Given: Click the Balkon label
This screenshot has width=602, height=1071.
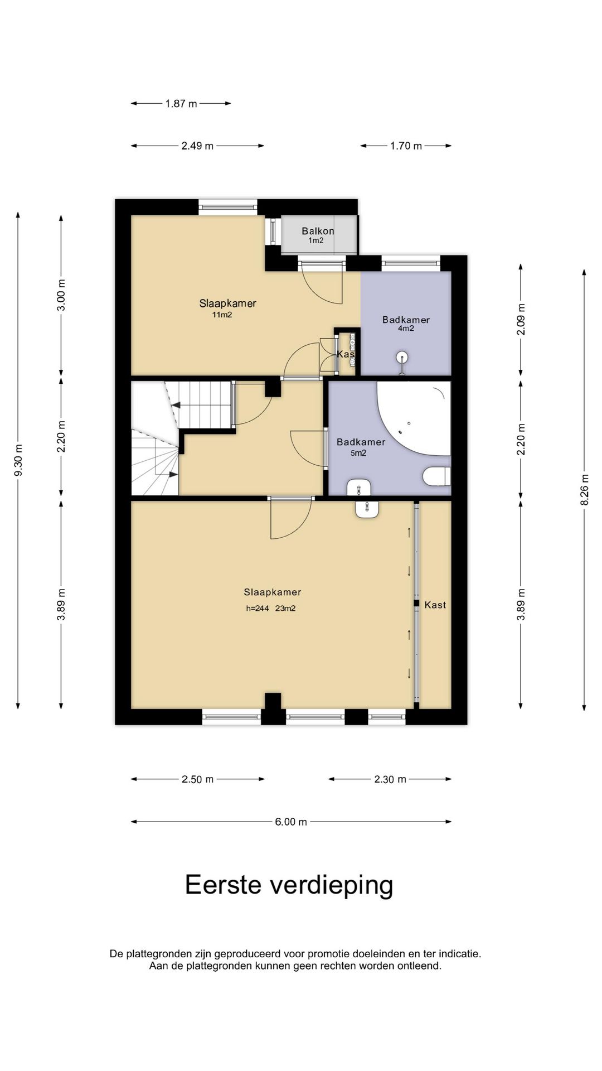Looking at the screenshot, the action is point(318,231).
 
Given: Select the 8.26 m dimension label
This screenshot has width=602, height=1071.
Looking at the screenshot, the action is point(584,490).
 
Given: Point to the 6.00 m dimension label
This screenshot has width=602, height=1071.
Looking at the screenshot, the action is point(291,822).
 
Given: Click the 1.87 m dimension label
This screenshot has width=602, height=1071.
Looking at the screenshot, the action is point(181,103).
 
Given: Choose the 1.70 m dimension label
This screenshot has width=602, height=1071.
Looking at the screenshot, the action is point(406,146).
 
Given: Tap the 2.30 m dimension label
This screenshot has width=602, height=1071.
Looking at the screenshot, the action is point(390,779).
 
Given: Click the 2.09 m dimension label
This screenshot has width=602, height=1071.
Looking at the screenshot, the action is point(521,319).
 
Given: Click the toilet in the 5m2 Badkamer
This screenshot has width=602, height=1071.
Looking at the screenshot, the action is point(437,476).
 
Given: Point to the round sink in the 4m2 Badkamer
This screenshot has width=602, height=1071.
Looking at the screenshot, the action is point(402,357).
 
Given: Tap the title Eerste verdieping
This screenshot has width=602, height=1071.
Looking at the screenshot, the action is point(289,885).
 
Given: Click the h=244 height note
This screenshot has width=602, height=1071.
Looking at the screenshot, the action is point(258,609).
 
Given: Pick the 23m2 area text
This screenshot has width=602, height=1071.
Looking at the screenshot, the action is point(285,609).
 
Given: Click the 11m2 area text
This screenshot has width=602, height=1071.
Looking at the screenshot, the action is point(222,315).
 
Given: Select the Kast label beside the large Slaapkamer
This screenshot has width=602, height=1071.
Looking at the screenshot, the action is point(435,605).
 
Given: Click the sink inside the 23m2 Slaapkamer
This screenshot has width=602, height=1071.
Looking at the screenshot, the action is point(367,509).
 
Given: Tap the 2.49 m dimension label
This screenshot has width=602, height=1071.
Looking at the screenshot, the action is point(197,146).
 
